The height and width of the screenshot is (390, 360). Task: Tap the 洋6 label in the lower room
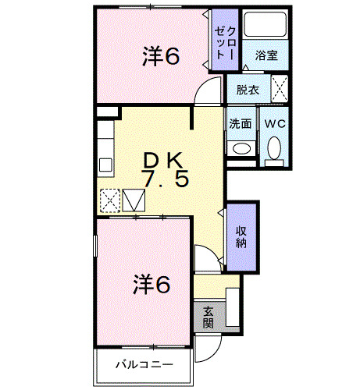[x=151, y=285]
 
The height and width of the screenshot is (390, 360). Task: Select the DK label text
[x=163, y=159]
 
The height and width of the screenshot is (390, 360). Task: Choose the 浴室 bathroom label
[x=266, y=56]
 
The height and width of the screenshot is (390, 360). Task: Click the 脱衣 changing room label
[x=248, y=90]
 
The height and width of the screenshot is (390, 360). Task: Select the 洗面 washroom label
[x=241, y=123]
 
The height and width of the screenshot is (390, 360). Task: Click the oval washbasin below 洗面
[x=241, y=147]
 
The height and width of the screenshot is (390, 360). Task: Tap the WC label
[x=273, y=123]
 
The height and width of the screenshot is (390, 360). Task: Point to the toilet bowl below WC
[x=274, y=148]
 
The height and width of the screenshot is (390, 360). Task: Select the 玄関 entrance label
[x=208, y=315]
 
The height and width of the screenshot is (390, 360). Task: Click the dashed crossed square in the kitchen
[x=110, y=200]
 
